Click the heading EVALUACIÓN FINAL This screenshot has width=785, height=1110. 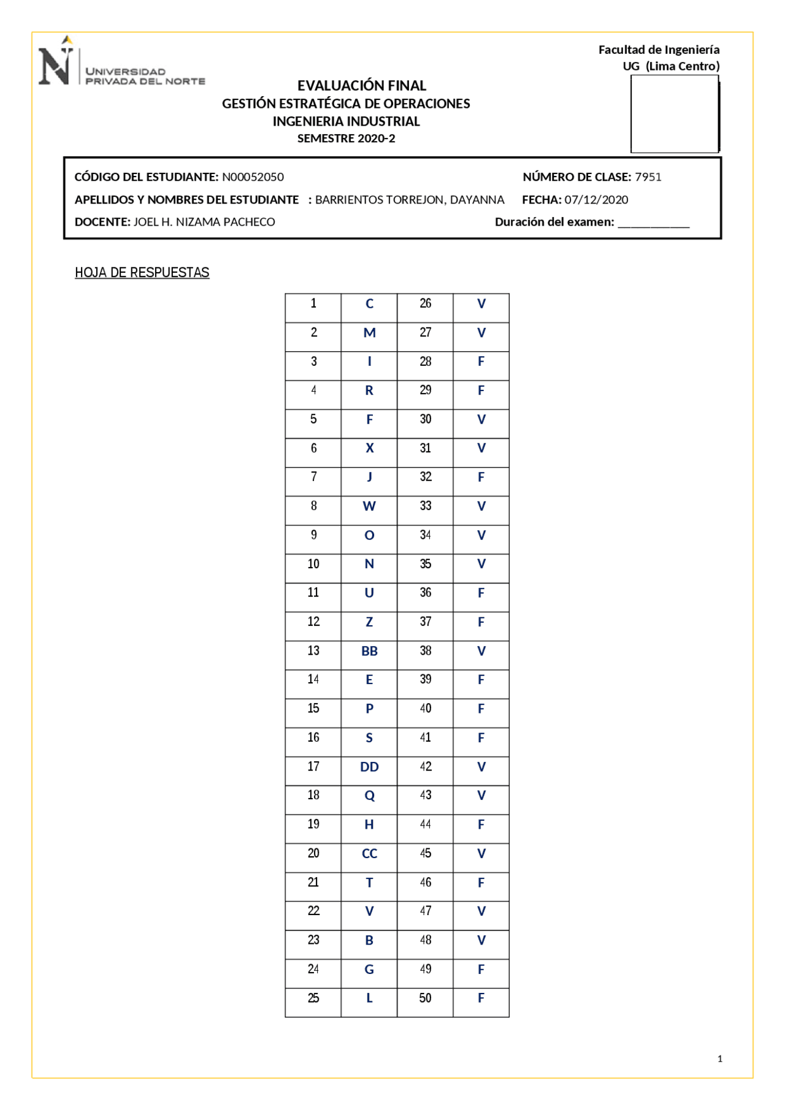(x=361, y=85)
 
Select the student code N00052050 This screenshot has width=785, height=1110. (x=253, y=177)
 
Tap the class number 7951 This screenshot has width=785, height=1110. (x=648, y=177)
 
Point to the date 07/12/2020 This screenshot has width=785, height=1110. (x=596, y=200)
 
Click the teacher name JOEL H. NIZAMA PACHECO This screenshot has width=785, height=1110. (x=204, y=222)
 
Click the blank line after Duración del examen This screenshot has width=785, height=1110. (x=653, y=223)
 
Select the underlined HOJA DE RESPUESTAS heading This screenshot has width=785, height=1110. (x=142, y=272)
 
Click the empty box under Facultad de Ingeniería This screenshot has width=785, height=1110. (x=674, y=114)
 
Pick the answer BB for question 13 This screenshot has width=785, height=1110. (x=369, y=651)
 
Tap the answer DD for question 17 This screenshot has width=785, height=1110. (x=369, y=767)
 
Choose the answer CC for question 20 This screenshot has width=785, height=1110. (x=369, y=854)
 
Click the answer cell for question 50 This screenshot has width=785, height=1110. (x=481, y=998)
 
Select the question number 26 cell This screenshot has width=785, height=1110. (x=425, y=303)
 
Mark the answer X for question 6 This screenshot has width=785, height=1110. (x=369, y=448)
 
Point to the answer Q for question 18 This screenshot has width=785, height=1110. (x=369, y=796)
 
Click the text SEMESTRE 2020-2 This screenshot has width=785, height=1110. (x=346, y=139)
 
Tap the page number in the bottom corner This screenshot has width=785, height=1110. (x=719, y=1059)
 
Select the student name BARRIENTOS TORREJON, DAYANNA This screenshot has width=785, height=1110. (x=409, y=200)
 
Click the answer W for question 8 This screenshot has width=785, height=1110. (x=369, y=506)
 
